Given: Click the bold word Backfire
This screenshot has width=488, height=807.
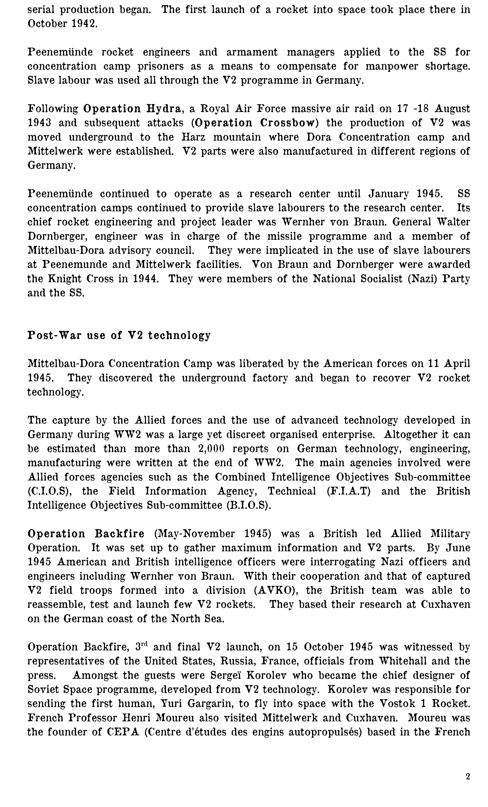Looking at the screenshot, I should click(x=120, y=534).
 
